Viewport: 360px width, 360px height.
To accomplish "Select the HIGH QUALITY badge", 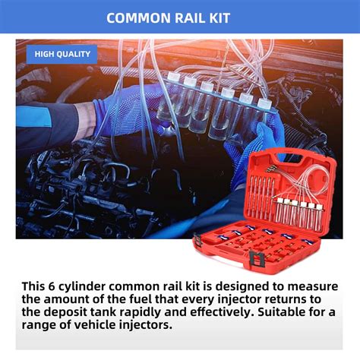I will click(62, 54).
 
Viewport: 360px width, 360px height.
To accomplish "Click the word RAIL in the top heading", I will click(198, 17).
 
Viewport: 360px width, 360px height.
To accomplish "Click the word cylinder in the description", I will click(93, 286).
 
